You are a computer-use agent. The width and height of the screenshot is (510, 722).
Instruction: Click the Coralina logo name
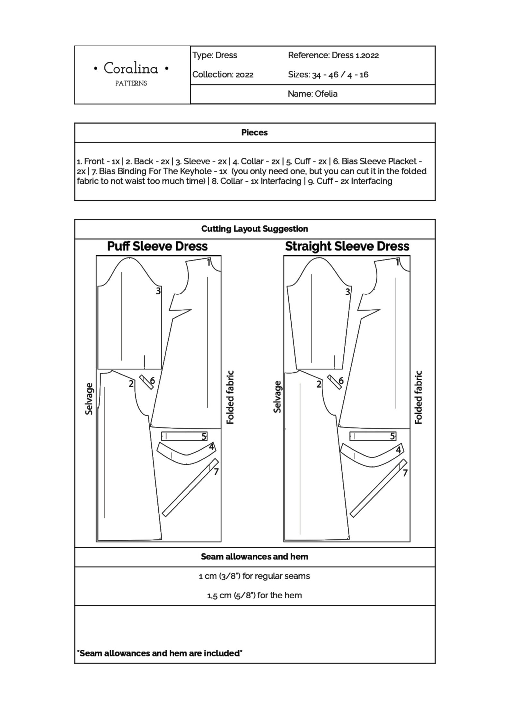tap(131, 68)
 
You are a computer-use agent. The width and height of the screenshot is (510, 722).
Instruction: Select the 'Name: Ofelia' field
tap(312, 94)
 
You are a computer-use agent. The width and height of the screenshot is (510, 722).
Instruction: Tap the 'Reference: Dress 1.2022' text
tap(333, 55)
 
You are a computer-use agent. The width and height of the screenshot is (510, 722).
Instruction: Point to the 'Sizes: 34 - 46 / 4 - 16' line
tap(328, 75)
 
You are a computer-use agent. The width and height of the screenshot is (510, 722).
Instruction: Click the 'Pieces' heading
tap(254, 132)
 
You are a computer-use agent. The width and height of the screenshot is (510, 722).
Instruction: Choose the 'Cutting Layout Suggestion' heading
tap(254, 229)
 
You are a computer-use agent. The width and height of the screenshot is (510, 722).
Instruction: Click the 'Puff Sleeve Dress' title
tap(157, 246)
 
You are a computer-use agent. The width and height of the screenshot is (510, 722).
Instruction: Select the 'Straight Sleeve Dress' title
tap(347, 246)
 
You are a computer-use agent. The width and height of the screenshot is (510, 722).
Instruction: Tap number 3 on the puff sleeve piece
tap(158, 291)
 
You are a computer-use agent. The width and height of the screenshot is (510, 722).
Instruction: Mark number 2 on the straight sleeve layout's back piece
tap(319, 384)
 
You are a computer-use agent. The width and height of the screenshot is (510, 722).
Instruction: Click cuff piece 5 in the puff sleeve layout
tap(184, 436)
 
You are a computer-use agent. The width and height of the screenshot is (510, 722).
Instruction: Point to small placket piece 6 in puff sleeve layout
tap(146, 382)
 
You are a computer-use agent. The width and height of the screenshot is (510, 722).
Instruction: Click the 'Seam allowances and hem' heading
tap(254, 557)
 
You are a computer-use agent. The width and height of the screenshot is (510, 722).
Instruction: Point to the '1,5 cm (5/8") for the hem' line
tap(254, 595)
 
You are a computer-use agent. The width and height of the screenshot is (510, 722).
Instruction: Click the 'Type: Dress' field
tap(215, 55)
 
